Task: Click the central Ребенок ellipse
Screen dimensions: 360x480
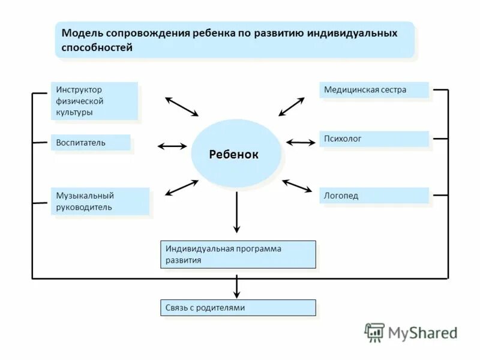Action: coord(236,154)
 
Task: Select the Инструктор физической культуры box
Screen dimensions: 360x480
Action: coord(94,100)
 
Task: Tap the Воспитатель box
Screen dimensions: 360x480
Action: coord(90,142)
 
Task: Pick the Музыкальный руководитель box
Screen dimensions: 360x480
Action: coord(100,201)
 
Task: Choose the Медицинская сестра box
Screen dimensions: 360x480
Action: coord(374,90)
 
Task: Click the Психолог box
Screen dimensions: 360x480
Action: coord(374,139)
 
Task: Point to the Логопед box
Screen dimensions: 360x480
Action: coord(374,196)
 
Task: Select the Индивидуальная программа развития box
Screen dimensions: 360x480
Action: coord(238,254)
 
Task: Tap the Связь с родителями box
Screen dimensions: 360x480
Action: coord(238,308)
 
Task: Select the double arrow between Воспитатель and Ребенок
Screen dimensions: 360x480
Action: coord(172,146)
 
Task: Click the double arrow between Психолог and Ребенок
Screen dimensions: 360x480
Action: coord(301,143)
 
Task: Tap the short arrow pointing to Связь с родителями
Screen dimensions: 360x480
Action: coord(237,287)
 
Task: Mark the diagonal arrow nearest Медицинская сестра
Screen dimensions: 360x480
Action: coord(291,107)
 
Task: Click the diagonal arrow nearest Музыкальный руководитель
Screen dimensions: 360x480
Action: coord(181,187)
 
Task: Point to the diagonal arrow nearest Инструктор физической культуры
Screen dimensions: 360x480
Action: coord(181,106)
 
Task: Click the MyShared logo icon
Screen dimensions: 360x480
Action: coord(374,332)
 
